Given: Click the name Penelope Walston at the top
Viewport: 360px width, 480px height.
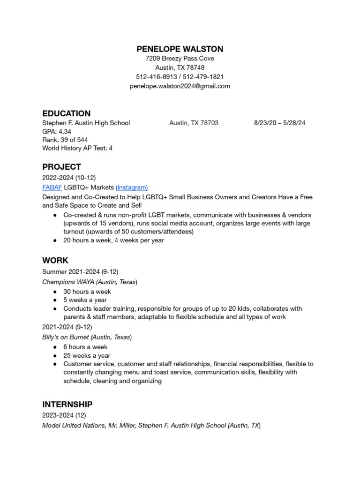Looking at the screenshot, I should [x=180, y=49].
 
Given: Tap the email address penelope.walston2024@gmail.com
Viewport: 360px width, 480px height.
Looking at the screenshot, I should [x=180, y=86].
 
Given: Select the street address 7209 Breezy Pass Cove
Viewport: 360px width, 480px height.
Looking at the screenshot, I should [x=180, y=59].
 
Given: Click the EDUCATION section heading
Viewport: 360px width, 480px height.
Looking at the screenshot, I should [x=66, y=113].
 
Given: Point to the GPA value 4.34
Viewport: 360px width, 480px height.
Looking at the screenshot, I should [x=65, y=131].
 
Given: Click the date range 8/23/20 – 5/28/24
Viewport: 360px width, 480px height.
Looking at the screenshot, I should [x=279, y=123].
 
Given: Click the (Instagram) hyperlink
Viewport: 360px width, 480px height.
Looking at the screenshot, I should [x=132, y=187].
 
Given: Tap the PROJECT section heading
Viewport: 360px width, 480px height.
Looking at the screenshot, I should [x=61, y=167].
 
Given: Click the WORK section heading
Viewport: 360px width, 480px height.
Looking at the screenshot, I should [x=55, y=260].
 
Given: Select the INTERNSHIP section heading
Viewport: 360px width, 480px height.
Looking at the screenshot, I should [x=67, y=404].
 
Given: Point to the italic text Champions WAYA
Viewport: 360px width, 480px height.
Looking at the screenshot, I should [x=67, y=282].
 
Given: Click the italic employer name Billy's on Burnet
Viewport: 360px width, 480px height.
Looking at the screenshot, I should [x=65, y=337].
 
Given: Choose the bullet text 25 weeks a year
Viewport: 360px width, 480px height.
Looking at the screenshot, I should [x=87, y=355].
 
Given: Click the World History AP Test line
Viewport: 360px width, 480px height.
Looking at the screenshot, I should [x=77, y=148].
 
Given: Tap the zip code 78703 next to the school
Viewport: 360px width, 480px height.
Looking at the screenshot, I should [x=209, y=123].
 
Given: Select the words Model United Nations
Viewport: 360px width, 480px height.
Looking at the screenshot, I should [x=74, y=426].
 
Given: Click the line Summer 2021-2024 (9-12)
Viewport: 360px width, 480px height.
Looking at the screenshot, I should [x=80, y=272].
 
